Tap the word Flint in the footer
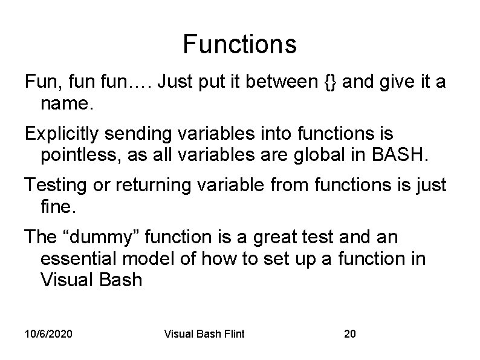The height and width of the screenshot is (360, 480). [x=232, y=334]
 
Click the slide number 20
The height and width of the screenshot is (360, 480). [x=349, y=334]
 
